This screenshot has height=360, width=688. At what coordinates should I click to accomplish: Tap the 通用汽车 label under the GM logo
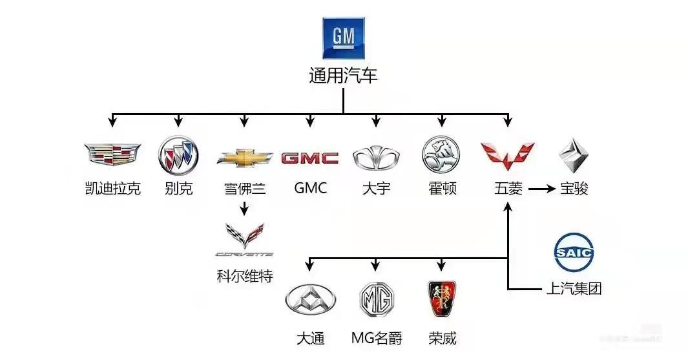coord(343,76)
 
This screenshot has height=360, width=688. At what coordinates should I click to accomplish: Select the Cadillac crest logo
coord(112,154)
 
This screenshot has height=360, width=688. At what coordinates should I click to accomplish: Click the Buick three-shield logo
coord(178,156)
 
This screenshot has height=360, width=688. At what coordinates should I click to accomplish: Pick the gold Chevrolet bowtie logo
coord(244,157)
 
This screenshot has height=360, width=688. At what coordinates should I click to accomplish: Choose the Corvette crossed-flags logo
coord(244,239)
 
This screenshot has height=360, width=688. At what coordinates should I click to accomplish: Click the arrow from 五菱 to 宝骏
coord(541,189)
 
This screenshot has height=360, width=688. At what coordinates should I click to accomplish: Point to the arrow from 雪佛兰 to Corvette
coord(244,209)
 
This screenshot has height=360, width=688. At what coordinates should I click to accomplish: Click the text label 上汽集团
coord(574,288)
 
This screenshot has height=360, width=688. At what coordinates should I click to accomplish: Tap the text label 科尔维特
coord(244,277)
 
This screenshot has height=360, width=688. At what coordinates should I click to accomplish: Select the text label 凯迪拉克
coord(112,189)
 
